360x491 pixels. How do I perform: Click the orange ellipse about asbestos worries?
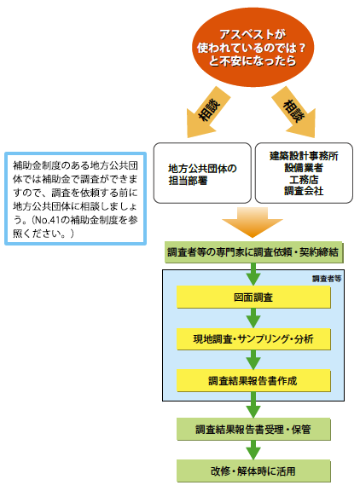(253, 47)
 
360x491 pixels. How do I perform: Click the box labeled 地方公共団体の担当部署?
(202, 173)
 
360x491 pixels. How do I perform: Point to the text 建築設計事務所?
(304, 156)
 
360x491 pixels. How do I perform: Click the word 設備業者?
(304, 168)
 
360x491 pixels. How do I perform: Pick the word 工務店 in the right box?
(304, 180)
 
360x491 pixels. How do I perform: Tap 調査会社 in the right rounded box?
(304, 191)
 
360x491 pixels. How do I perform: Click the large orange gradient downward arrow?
(253, 222)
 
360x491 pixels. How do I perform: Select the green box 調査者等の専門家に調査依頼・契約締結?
(253, 252)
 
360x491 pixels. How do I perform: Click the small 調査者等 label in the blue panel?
(327, 279)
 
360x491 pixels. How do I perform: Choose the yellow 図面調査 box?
(253, 297)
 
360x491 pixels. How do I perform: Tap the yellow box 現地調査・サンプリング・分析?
(253, 338)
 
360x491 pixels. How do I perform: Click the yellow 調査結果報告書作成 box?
(253, 381)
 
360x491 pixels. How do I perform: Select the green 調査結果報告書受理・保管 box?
(253, 429)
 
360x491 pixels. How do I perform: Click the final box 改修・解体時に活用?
(253, 471)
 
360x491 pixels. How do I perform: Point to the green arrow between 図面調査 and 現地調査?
(253, 318)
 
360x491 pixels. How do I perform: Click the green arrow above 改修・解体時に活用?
(253, 450)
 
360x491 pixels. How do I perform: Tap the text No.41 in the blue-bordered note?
(47, 220)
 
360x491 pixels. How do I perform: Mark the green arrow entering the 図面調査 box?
(253, 274)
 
